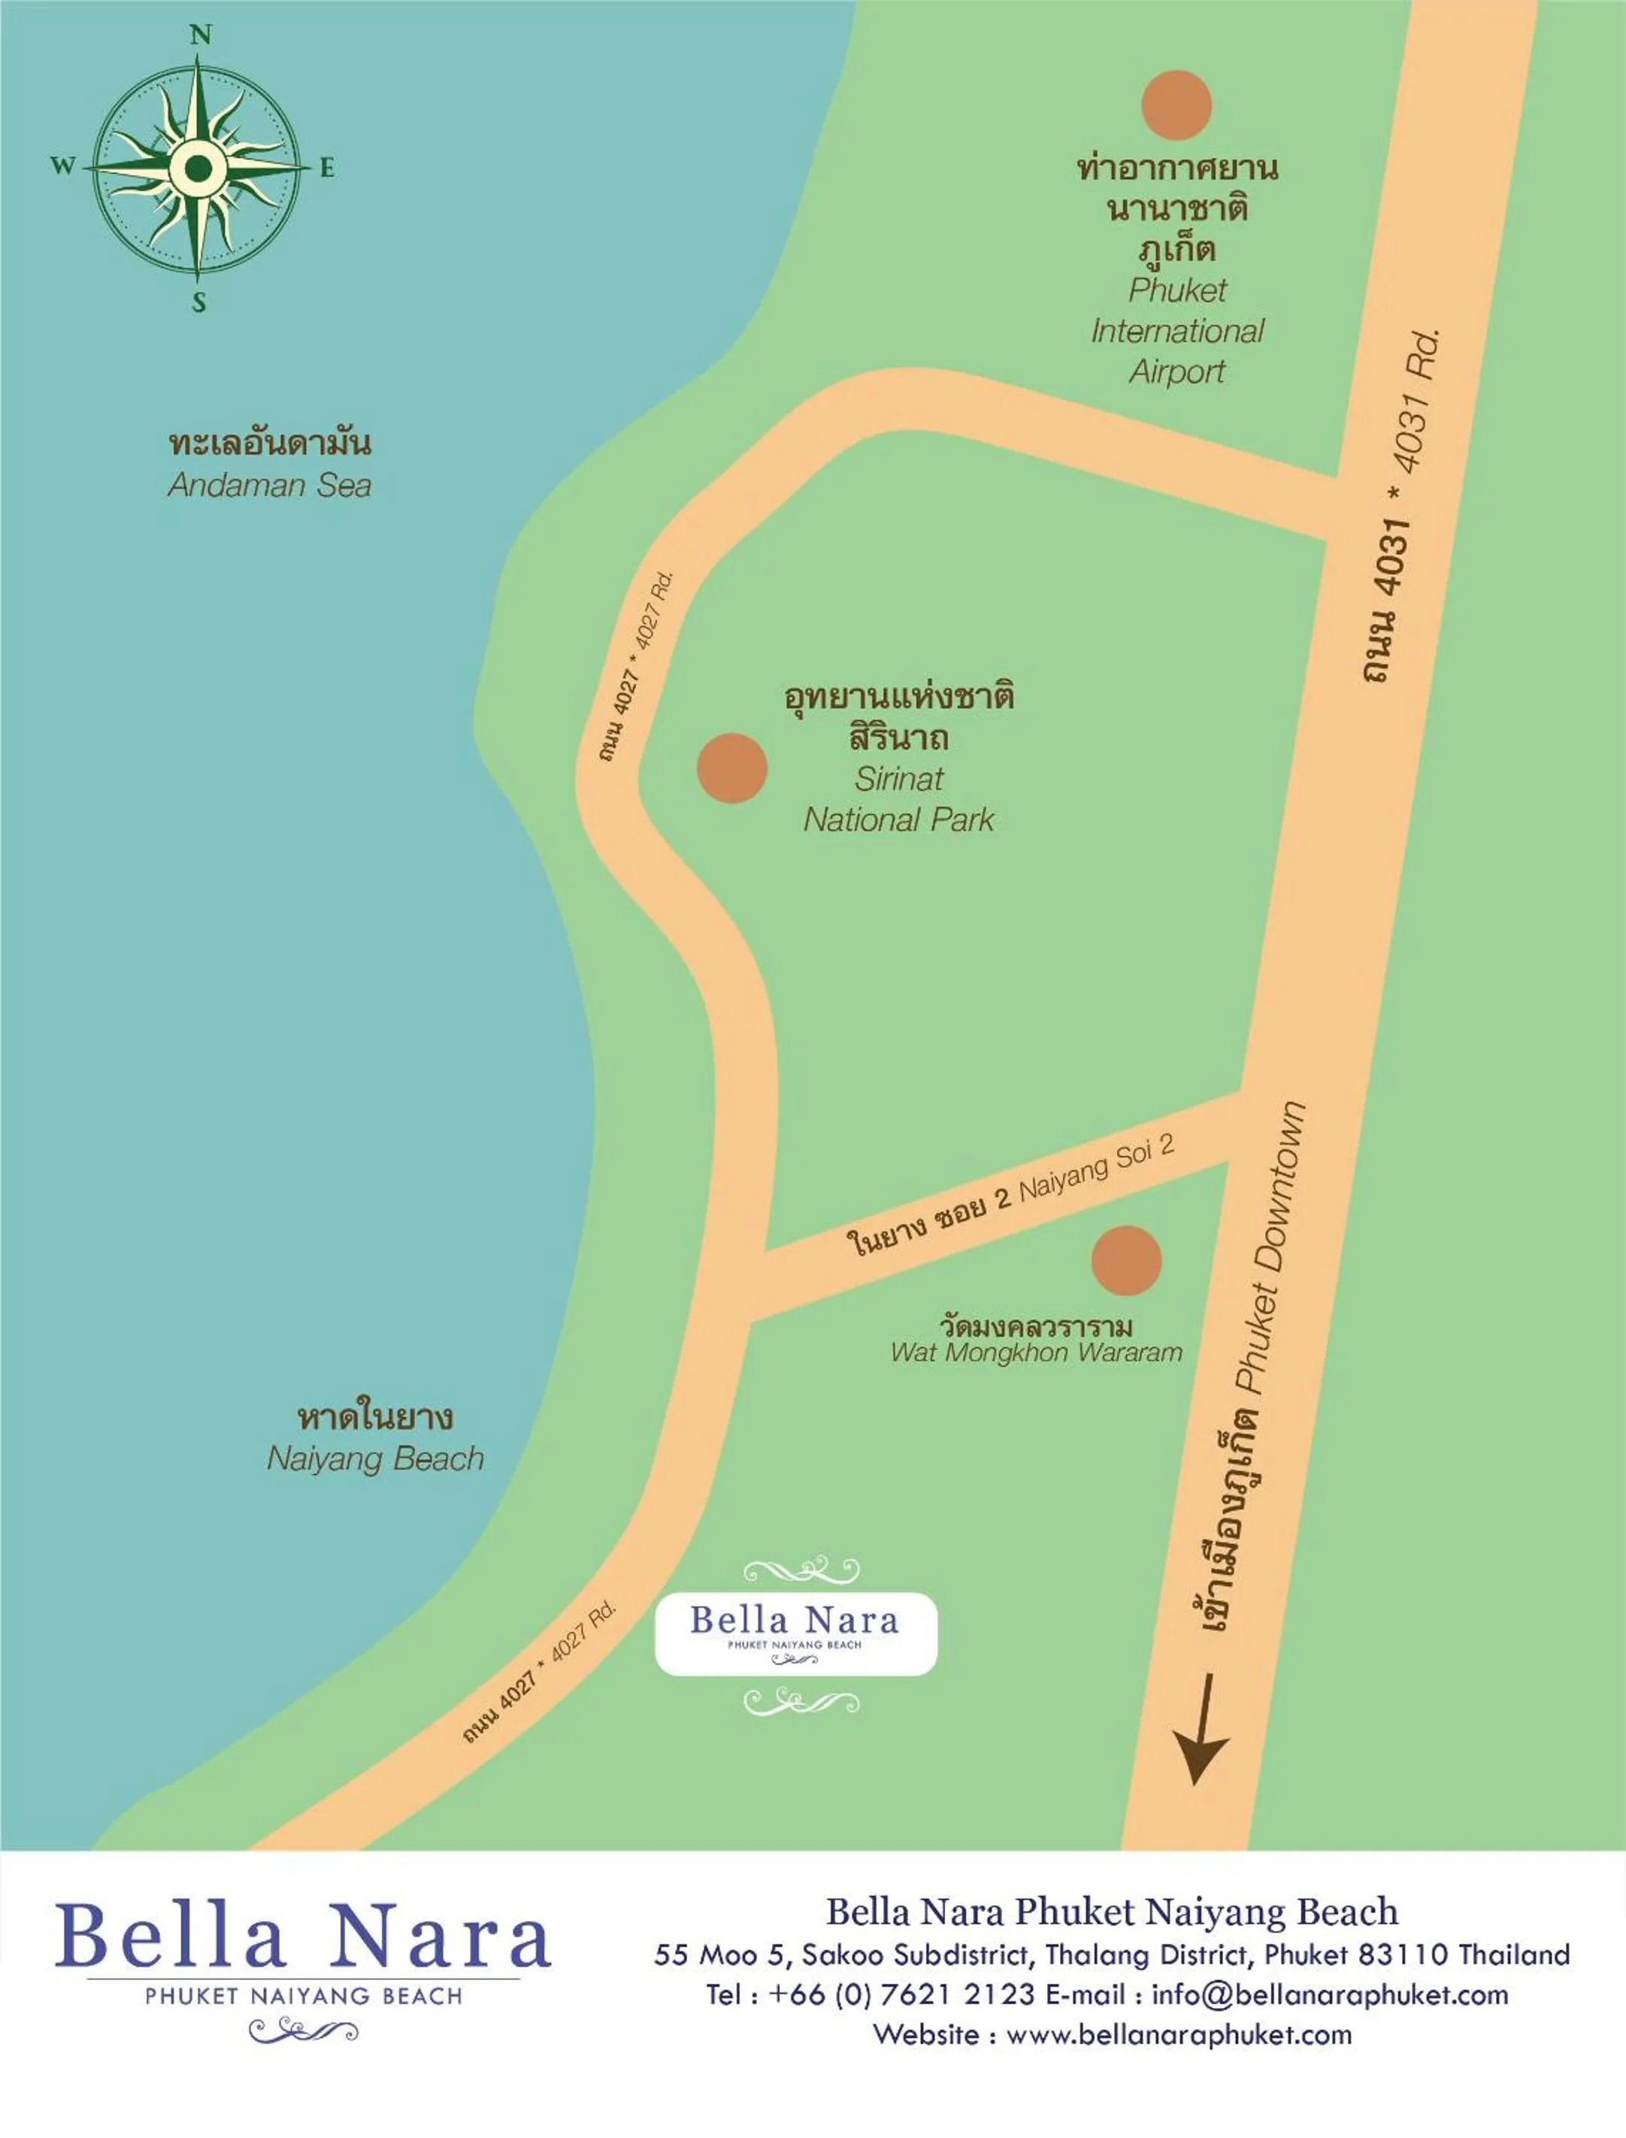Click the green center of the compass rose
click(x=198, y=168)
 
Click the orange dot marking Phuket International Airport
click(x=1176, y=105)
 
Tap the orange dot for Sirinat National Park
click(x=731, y=768)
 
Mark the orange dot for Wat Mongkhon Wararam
click(x=1125, y=1260)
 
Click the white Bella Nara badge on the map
click(x=795, y=1633)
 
